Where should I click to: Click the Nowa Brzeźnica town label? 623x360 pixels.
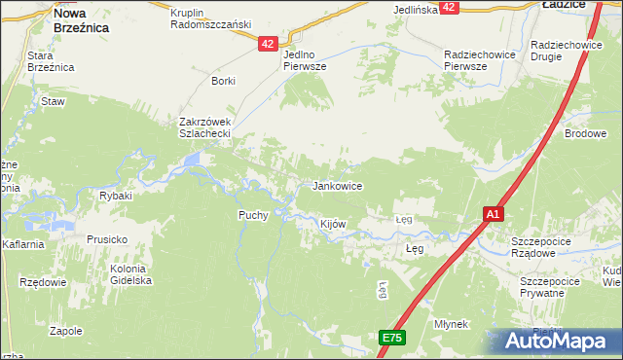click(81, 21)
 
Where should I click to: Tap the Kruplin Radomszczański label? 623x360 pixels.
click(210, 18)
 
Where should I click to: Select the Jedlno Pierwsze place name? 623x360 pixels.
click(304, 60)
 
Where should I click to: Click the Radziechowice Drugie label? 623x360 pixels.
click(565, 52)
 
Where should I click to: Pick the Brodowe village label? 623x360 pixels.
click(586, 133)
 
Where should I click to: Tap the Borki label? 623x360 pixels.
click(223, 81)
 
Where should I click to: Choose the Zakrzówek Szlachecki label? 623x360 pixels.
click(203, 127)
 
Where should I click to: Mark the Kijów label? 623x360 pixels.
click(334, 224)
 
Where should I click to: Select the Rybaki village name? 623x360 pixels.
click(116, 196)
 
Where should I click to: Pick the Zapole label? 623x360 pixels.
click(65, 331)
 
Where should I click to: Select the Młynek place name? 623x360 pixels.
click(452, 324)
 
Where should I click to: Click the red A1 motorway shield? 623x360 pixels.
click(494, 214)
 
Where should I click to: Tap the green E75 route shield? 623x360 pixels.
click(391, 338)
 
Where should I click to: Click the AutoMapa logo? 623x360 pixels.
click(558, 341)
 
